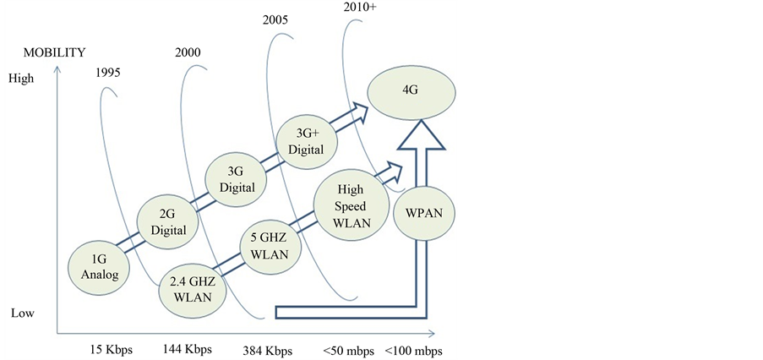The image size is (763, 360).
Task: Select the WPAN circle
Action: (425, 212)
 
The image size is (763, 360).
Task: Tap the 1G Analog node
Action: (100, 265)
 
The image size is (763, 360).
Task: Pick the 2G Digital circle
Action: (167, 221)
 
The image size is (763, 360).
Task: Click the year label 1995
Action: (108, 72)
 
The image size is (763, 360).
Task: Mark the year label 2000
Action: (188, 52)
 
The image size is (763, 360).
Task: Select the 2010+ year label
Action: (360, 8)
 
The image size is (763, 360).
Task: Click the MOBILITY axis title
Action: (54, 52)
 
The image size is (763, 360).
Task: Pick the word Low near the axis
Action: (23, 313)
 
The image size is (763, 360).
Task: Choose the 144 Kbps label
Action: (188, 349)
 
